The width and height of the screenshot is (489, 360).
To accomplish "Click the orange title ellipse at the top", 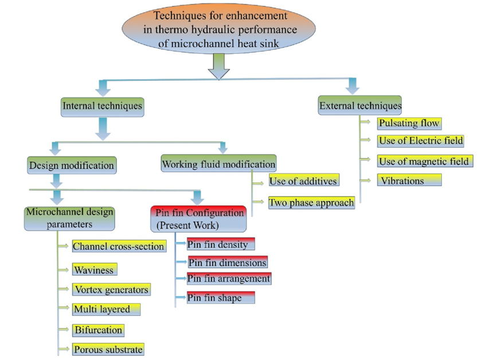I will point(218,29).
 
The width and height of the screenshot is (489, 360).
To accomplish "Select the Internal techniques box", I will point(101,105).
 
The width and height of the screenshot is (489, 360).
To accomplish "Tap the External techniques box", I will point(360,105).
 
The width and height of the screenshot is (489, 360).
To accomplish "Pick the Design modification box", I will point(71,166).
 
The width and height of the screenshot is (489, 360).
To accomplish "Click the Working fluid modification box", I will point(218,163).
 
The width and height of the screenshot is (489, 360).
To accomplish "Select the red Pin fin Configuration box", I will point(198,218).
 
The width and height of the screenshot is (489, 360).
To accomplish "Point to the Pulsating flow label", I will point(408,123).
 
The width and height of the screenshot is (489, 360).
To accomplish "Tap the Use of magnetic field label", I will point(424,161).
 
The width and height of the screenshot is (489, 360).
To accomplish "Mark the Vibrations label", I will point(409,181).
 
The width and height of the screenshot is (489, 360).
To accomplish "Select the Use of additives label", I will point(303,182).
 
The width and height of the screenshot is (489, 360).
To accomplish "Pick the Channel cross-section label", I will point(119,246).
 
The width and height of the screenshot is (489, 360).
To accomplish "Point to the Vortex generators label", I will point(111,289).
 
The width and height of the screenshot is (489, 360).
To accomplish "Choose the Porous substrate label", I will point(108,349).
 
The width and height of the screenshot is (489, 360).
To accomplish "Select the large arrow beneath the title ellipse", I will point(218,66).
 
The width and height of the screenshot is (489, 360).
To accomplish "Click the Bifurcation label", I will point(98,330).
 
